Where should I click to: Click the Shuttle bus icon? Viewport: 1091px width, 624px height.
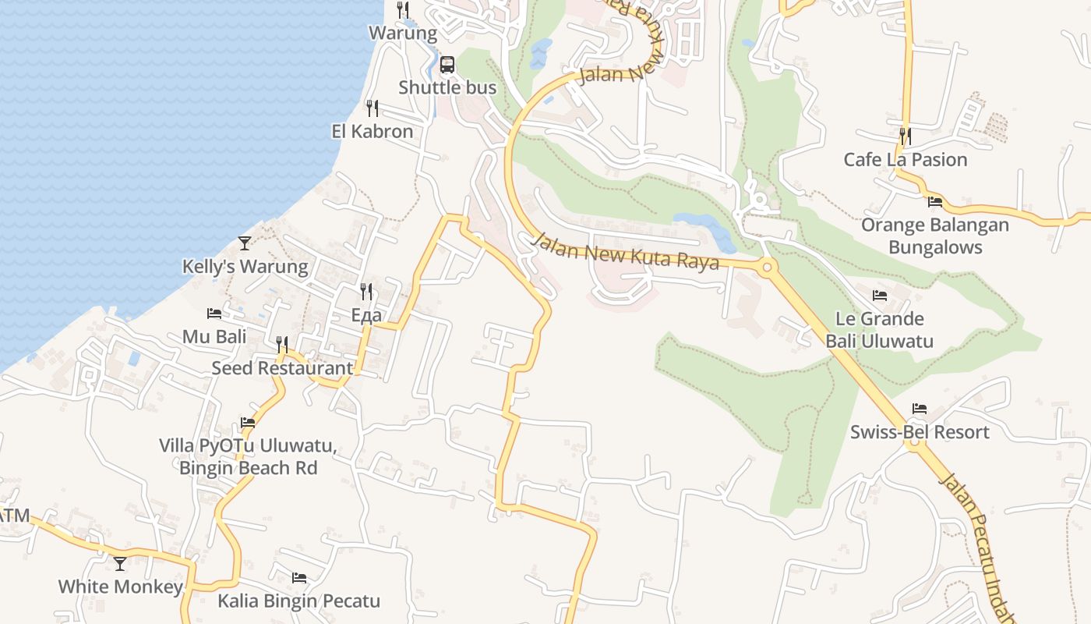point(447,65)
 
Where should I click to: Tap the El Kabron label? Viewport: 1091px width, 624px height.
point(372,131)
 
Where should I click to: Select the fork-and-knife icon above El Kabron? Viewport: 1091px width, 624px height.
point(372,108)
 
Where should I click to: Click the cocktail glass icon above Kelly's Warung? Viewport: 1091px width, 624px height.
point(245,243)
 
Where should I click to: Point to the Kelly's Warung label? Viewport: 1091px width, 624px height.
point(245,267)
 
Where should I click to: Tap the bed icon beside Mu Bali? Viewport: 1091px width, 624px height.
point(214,314)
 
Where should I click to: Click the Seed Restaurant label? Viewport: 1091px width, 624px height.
point(282,368)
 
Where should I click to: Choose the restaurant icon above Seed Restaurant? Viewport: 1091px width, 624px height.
point(282,344)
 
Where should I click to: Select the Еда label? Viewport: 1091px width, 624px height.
point(366,315)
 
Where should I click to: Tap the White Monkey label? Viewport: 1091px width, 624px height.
point(121,587)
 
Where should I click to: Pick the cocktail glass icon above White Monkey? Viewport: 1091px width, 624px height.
point(120,563)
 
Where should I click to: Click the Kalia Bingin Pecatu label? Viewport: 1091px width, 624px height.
point(298,601)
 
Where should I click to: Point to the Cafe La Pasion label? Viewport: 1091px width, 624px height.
point(906,160)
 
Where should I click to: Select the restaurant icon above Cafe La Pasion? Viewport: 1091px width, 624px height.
point(905,136)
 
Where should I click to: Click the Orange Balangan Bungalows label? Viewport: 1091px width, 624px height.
point(935,236)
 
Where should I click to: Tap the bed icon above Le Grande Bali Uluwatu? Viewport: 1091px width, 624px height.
point(880,296)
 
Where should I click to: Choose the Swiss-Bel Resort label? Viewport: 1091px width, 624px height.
point(920,432)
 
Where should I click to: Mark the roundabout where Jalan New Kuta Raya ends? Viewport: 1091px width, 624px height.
point(768,268)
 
